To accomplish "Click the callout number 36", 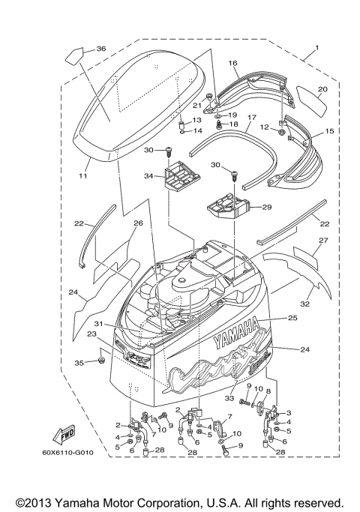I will point(101,49).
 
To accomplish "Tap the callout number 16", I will point(232,64).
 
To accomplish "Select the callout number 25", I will point(293,319).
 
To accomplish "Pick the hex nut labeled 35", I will point(100,363).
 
